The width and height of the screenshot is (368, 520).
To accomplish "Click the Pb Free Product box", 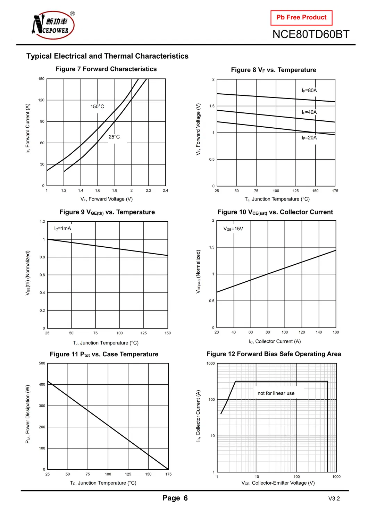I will point(301,18).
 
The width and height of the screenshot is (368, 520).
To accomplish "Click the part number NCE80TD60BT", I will point(311,34).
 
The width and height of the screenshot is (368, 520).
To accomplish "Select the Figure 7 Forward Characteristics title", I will point(106,69).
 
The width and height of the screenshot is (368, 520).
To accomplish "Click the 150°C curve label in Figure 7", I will point(97,106).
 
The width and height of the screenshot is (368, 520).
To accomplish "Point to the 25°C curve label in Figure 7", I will point(114,137).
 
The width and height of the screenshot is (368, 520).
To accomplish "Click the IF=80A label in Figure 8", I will point(309,91).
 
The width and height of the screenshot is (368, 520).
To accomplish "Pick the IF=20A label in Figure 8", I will point(309,138).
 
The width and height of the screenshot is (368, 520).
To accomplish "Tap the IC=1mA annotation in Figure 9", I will point(62,228).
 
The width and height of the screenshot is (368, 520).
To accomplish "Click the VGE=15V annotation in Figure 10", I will point(233,229).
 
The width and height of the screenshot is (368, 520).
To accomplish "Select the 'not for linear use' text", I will point(276,393).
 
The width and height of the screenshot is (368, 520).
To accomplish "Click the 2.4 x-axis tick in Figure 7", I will point(165,190).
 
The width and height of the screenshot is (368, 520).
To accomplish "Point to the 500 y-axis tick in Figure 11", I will point(42,363).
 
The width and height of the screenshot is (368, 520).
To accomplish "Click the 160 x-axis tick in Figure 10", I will point(336,332).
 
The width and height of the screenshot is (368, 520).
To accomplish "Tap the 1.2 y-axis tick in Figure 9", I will point(42,222).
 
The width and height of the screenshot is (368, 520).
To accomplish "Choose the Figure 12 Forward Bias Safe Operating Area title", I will point(274,354).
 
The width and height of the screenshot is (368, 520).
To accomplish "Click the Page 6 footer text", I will point(175,498).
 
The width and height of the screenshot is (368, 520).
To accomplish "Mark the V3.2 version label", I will point(334,499).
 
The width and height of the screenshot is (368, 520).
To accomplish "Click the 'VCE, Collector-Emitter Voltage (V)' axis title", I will point(278,483).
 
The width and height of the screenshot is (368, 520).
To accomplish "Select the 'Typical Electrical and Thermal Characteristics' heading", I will point(107,56).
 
